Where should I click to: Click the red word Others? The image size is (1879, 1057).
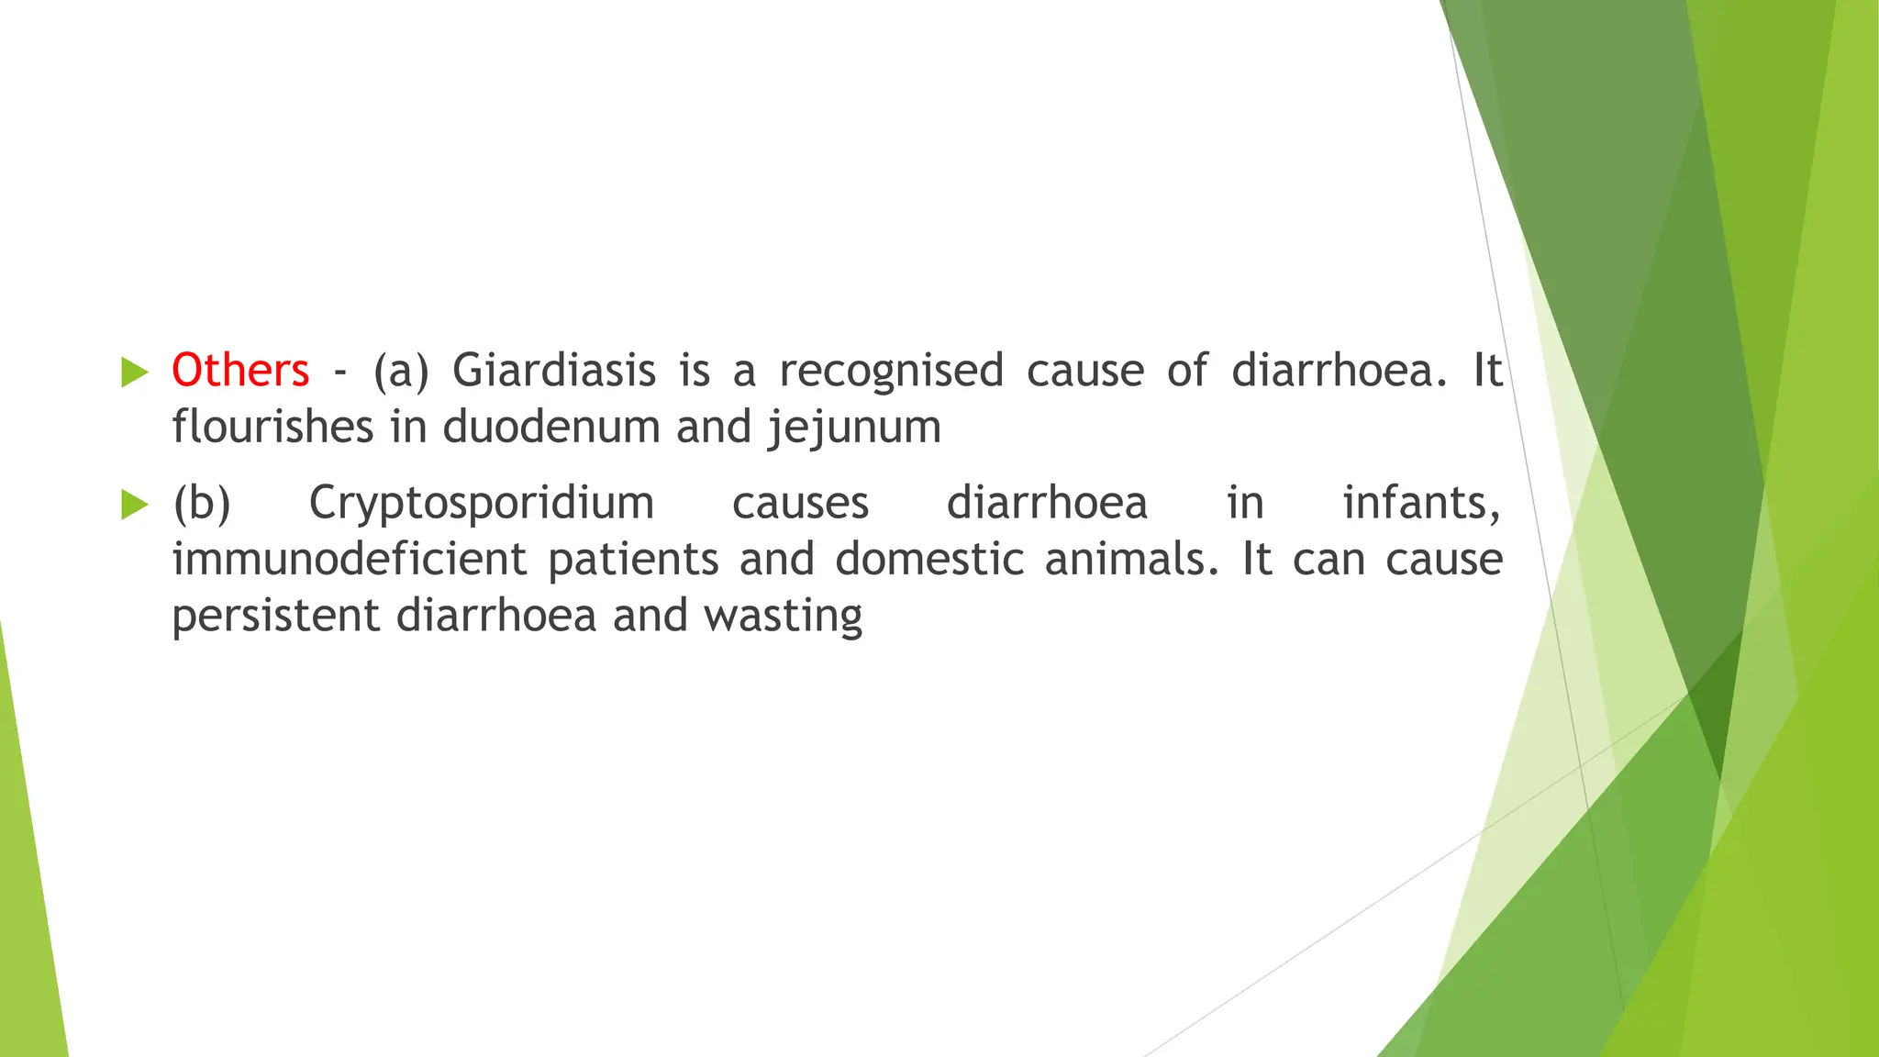coord(240,371)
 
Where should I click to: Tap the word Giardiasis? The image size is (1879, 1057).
coord(554,371)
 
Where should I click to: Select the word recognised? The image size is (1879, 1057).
coord(891,371)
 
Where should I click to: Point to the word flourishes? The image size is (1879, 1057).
coord(272,427)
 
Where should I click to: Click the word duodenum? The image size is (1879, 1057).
coord(551,427)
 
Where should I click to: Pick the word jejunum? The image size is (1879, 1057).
coord(854,428)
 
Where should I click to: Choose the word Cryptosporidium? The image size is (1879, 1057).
coord(482,503)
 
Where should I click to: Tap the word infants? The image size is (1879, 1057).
coord(1421,503)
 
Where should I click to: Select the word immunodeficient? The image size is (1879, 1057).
coord(350,559)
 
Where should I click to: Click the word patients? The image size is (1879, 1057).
coord(633,561)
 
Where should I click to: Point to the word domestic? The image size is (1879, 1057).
coord(928,559)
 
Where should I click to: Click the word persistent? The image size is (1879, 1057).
coord(275,616)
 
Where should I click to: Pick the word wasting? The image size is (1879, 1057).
coord(784,617)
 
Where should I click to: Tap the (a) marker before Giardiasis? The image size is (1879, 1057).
coord(401,372)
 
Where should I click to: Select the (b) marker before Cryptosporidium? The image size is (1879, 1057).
coord(202,504)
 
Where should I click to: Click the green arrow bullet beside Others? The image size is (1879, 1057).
coord(134,373)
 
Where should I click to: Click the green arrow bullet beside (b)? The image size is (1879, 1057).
coord(134,505)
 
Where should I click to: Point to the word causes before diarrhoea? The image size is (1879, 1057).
coord(800,504)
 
